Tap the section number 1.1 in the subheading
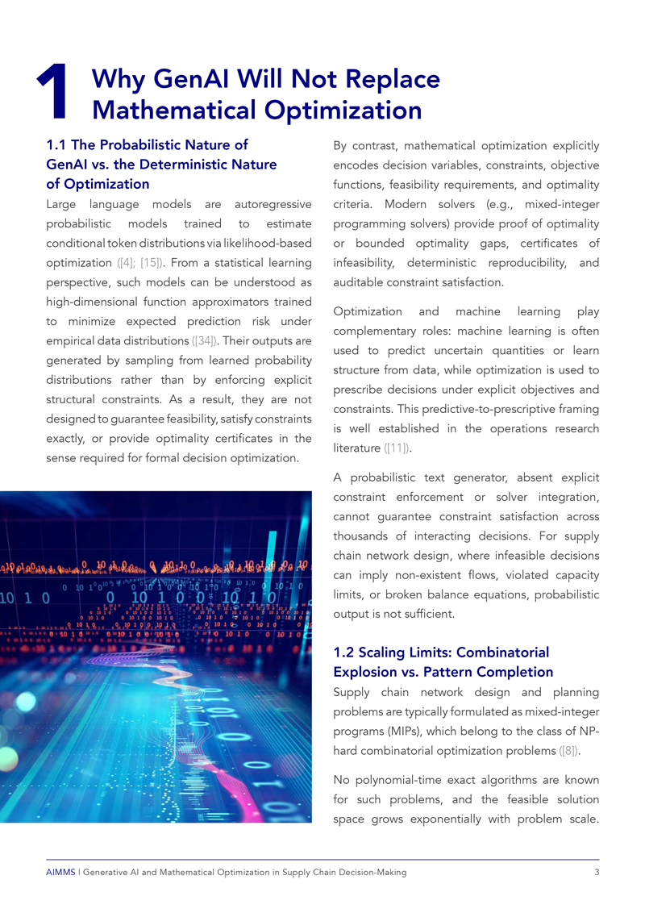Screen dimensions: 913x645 tap(56, 146)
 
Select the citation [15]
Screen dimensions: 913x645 tap(151, 263)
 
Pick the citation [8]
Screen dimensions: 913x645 tap(568, 750)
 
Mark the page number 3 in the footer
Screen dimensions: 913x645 tap(595, 873)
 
